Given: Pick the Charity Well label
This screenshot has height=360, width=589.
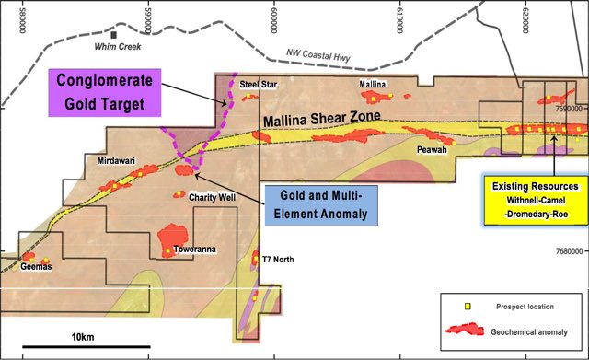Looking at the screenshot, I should coord(214,197).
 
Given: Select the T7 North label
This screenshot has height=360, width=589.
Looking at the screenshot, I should coord(278,260).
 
